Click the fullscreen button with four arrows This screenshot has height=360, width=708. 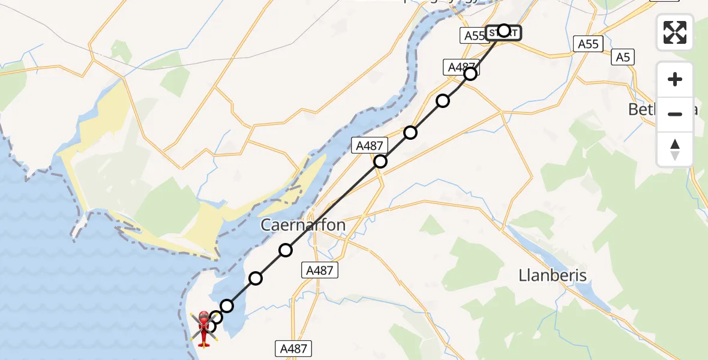click(675, 32)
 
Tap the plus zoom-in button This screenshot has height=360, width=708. click(675, 79)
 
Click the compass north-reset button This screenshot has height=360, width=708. click(675, 149)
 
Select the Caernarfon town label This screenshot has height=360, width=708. click(303, 226)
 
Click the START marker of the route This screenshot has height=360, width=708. click(503, 31)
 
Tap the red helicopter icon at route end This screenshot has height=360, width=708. click(204, 328)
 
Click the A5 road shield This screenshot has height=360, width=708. click(623, 58)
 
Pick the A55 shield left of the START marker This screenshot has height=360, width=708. click(473, 36)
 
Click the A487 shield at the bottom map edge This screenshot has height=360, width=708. click(293, 347)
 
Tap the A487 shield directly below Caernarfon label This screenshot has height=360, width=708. click(319, 271)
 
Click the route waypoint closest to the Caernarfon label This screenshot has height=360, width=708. click(286, 250)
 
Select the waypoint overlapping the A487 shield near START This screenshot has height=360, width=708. click(470, 74)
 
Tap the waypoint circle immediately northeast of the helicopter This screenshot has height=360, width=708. click(216, 317)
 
